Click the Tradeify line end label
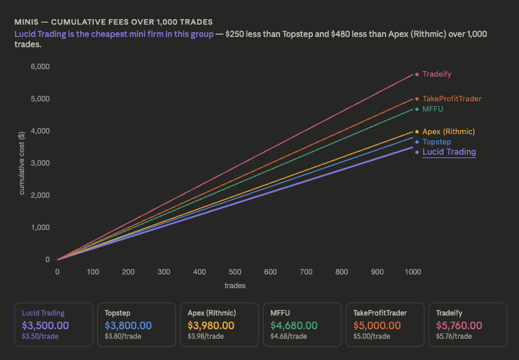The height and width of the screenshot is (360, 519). point(437,74)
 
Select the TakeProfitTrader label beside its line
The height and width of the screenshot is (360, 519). point(452,99)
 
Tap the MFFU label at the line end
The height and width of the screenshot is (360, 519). point(433,109)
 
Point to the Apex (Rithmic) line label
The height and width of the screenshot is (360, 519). point(448,131)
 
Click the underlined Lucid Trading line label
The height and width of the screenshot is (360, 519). point(449,152)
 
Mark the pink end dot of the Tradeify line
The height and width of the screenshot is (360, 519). point(417,74)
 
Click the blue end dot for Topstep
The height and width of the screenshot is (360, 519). point(417,142)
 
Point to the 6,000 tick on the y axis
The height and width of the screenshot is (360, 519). point(40,66)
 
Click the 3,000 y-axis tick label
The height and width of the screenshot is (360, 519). point(40,163)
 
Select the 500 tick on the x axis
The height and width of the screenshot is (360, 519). point(235,272)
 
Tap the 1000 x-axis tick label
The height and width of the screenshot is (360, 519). point(413,272)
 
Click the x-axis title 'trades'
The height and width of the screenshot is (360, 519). point(235,285)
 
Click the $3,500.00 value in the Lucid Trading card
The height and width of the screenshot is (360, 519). point(45,326)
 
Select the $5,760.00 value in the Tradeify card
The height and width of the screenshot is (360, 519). point(459,326)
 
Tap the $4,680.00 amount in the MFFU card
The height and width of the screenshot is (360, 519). point(294,326)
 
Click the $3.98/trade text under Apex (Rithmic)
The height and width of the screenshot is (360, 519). point(206,336)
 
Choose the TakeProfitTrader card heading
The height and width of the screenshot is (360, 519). point(379,313)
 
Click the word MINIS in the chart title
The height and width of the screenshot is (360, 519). point(26,22)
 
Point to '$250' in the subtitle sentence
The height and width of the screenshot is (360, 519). point(236,34)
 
